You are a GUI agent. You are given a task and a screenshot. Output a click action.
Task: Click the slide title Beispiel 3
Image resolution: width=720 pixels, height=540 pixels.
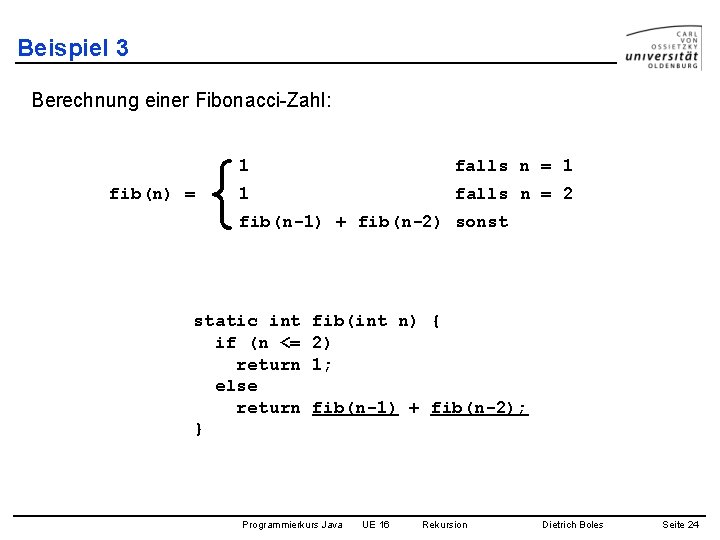(73, 48)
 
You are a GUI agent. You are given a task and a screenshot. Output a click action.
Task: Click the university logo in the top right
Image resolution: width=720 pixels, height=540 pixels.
(662, 47)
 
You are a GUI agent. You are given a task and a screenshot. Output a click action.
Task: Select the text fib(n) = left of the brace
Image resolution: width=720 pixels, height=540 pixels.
(152, 194)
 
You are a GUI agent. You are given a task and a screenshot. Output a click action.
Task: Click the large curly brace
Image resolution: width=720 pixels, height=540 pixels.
(225, 193)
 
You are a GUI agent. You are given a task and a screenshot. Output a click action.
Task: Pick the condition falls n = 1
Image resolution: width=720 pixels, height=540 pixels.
(513, 166)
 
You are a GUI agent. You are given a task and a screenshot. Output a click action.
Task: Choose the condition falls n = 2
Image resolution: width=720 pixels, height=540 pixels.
(513, 194)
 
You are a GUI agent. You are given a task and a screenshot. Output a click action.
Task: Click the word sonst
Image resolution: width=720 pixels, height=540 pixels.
(481, 222)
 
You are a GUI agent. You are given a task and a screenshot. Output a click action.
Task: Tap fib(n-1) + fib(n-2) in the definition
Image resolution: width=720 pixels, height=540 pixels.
(339, 222)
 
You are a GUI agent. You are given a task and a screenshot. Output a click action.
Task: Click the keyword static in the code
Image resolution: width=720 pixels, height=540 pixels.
(226, 321)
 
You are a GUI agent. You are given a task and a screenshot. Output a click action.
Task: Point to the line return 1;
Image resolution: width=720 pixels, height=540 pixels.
(284, 365)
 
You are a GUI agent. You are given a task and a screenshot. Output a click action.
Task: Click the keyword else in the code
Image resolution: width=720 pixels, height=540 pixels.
(236, 386)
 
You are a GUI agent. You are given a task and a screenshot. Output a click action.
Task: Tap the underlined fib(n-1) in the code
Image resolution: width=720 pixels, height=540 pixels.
(354, 408)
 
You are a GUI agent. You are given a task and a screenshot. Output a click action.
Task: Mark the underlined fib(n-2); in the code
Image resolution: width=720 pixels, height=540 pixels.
(478, 408)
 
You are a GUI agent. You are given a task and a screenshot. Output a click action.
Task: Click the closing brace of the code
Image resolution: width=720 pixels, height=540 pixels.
(198, 429)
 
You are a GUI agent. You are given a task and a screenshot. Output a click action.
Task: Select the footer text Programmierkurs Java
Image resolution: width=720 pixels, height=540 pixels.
(292, 525)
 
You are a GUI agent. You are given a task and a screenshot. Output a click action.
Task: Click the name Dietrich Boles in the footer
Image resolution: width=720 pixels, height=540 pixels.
(572, 525)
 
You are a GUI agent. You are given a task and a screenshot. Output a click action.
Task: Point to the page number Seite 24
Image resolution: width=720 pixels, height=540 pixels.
(680, 525)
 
